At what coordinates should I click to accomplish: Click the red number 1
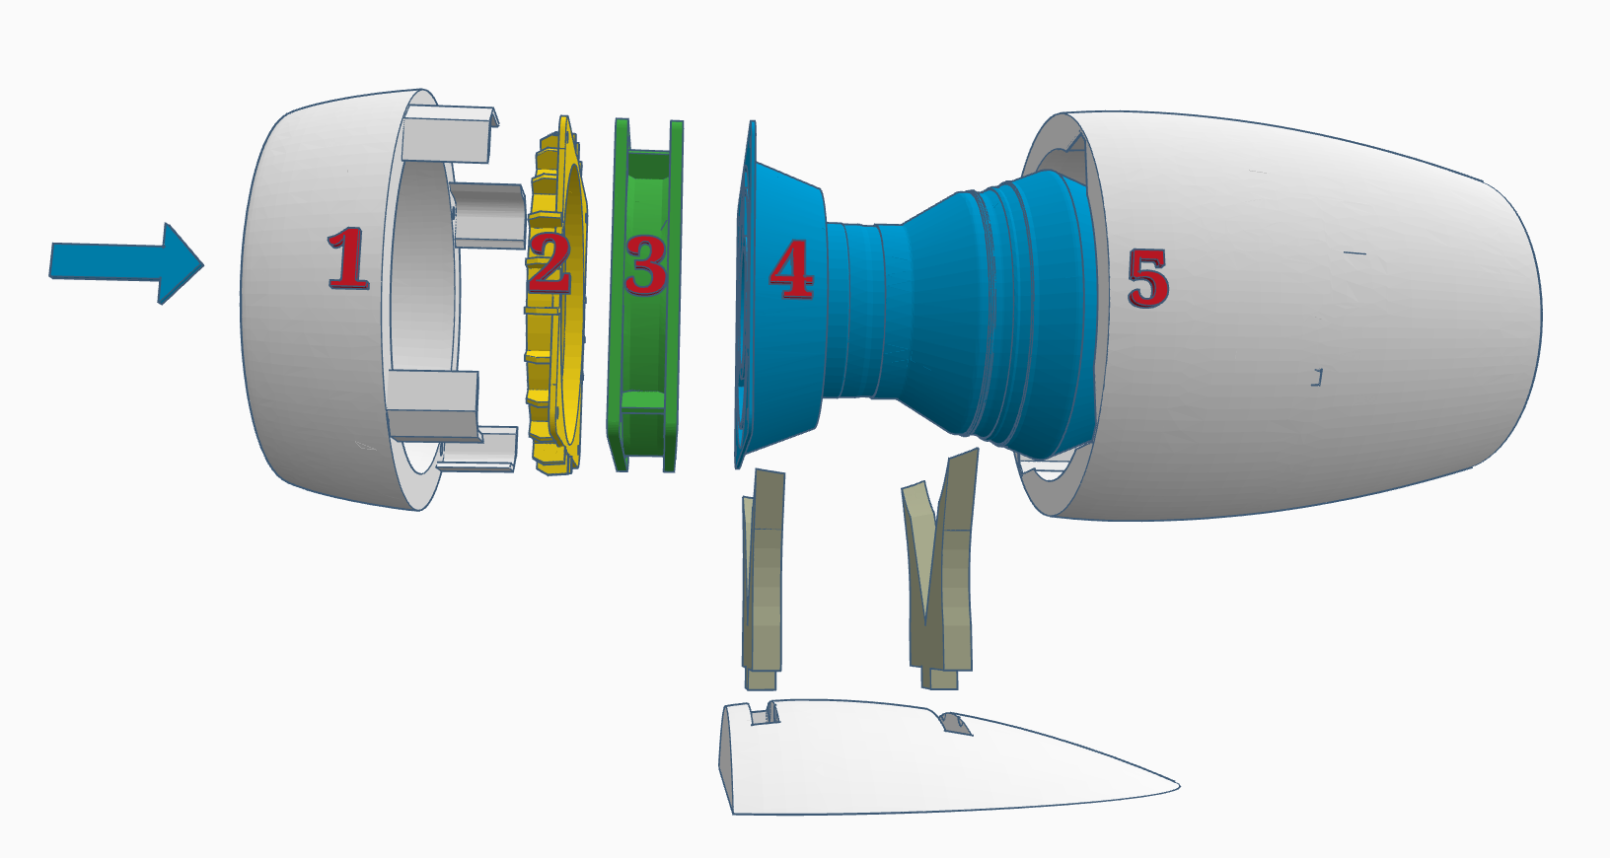pyautogui.click(x=348, y=258)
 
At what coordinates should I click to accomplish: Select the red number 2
pyautogui.click(x=549, y=262)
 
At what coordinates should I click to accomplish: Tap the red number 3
pyautogui.click(x=646, y=265)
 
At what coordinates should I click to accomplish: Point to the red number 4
pyautogui.click(x=791, y=269)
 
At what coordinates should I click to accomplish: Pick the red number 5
pyautogui.click(x=1147, y=278)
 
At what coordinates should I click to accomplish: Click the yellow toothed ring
pyautogui.click(x=554, y=394)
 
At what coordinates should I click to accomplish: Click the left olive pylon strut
pyautogui.click(x=763, y=582)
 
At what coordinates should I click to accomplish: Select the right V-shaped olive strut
pyautogui.click(x=942, y=572)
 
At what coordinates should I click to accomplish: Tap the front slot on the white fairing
pyautogui.click(x=765, y=712)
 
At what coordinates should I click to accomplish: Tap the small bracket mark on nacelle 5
pyautogui.click(x=1317, y=376)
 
